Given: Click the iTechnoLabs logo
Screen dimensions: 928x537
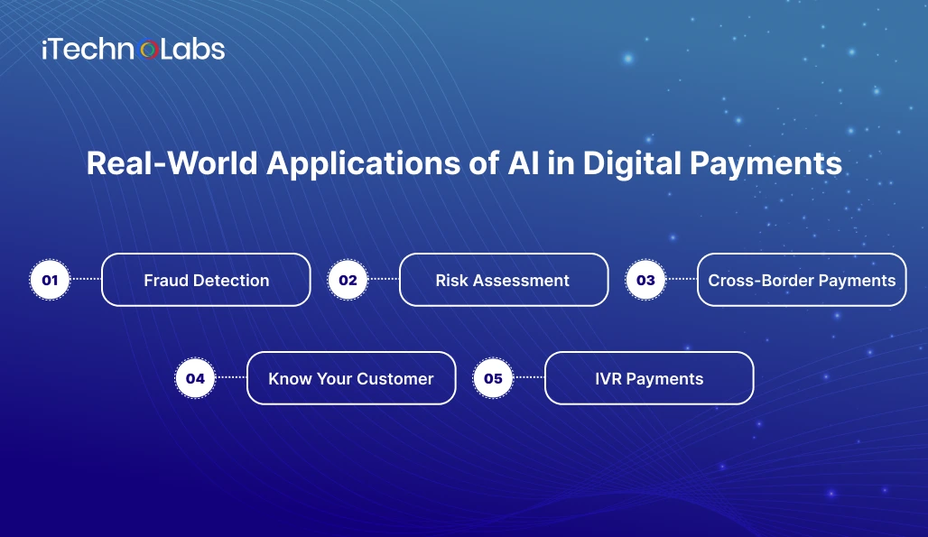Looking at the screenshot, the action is (134, 49).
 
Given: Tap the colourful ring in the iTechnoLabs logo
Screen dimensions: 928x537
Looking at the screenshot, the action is (149, 51).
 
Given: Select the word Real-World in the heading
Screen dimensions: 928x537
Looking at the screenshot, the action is (172, 162).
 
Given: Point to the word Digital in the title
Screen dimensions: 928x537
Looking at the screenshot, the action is (632, 164).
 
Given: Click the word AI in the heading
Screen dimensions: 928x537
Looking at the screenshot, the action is (524, 162).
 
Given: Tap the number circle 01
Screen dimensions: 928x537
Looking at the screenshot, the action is (50, 280).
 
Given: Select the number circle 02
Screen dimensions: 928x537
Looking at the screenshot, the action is (348, 280).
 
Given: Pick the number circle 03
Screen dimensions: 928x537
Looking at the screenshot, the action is (645, 280).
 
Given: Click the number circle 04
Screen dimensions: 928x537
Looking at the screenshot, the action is (195, 378).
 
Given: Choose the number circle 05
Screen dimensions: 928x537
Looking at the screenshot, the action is (493, 378).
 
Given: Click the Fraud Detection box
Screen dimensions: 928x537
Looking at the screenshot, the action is (206, 280).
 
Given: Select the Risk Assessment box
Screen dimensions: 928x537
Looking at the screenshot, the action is (504, 280).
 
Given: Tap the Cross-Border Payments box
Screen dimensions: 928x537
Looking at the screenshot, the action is (802, 280).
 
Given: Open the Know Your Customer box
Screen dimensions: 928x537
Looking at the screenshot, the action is (351, 378).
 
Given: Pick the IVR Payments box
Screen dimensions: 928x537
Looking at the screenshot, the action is (649, 378).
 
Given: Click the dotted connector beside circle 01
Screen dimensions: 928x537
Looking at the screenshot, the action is (86, 279).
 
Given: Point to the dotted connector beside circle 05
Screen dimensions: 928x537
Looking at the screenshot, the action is (529, 376).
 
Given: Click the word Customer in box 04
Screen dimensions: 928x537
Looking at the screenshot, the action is (395, 378).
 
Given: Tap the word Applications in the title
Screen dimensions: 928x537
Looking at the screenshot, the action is (364, 164).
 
